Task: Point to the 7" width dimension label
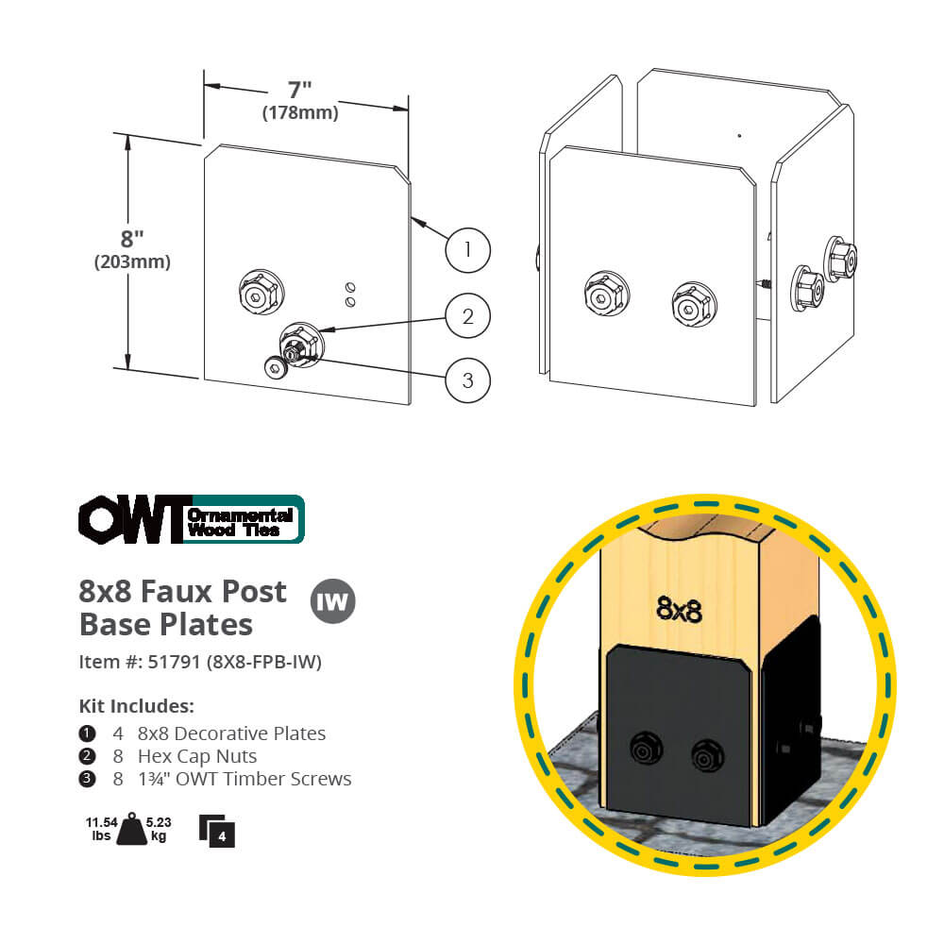[x=300, y=91]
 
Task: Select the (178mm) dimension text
[x=300, y=114]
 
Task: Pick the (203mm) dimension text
[x=132, y=262]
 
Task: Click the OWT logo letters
[x=132, y=519]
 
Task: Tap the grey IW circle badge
[x=333, y=601]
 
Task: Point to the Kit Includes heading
[x=137, y=706]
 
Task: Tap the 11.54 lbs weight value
[x=100, y=828]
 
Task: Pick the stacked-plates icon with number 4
[x=217, y=830]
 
